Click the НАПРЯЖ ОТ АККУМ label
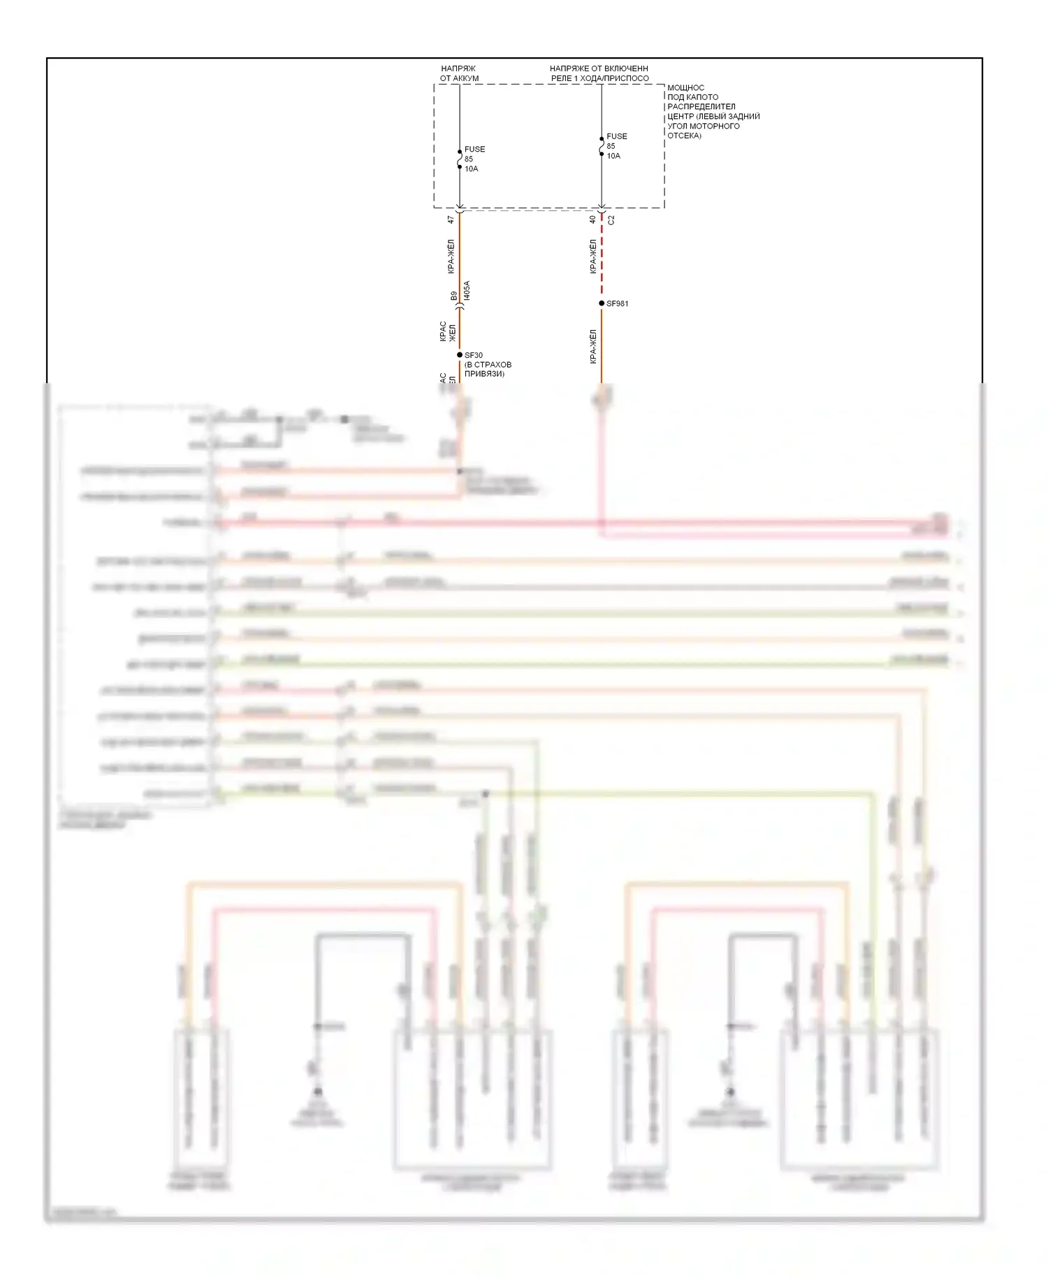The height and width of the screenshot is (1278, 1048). (459, 73)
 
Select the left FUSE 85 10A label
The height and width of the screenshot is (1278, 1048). (474, 159)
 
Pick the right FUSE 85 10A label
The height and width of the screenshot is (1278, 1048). (616, 146)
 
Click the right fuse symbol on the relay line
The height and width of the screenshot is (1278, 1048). (602, 146)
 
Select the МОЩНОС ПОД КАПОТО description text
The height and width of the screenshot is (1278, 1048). (713, 112)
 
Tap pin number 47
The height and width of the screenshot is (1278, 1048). (451, 220)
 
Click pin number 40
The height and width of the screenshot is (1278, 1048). (592, 220)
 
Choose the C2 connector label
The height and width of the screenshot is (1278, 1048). (611, 220)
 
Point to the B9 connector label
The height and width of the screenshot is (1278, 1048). (453, 296)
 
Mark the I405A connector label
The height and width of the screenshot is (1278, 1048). (467, 291)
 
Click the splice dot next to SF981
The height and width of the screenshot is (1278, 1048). (602, 303)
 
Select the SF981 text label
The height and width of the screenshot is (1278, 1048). (618, 303)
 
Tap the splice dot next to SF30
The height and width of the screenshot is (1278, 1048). (460, 355)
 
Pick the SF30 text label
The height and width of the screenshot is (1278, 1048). (474, 355)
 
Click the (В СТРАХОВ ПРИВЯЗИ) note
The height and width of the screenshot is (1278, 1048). (488, 369)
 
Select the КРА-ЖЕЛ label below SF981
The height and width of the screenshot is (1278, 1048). (593, 347)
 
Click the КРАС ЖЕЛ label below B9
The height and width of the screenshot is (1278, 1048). (447, 331)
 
